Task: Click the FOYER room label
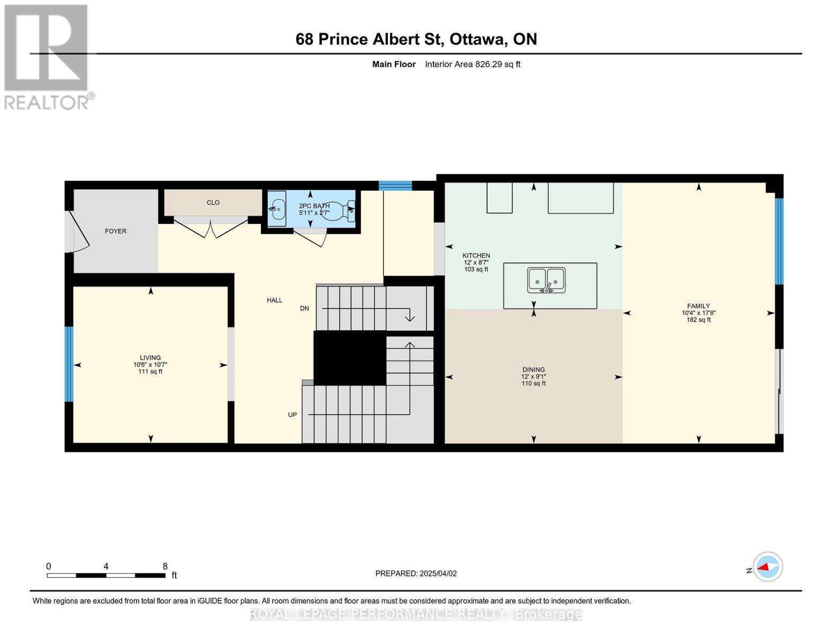[x=115, y=231]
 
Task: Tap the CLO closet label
[x=213, y=203]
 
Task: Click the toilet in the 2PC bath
[x=340, y=211]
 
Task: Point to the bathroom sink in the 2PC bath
[x=276, y=209]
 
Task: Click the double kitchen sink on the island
[x=546, y=280]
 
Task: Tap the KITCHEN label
[x=476, y=256]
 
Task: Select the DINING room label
[x=533, y=370]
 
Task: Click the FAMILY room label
[x=698, y=306]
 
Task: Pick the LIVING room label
[x=150, y=358]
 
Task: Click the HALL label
[x=274, y=301]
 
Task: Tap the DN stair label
[x=304, y=309]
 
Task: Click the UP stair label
[x=293, y=415]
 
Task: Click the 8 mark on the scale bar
[x=165, y=566]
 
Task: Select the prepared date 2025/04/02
[x=438, y=573]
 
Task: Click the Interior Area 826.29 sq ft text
[x=473, y=64]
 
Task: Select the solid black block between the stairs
[x=349, y=358]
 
